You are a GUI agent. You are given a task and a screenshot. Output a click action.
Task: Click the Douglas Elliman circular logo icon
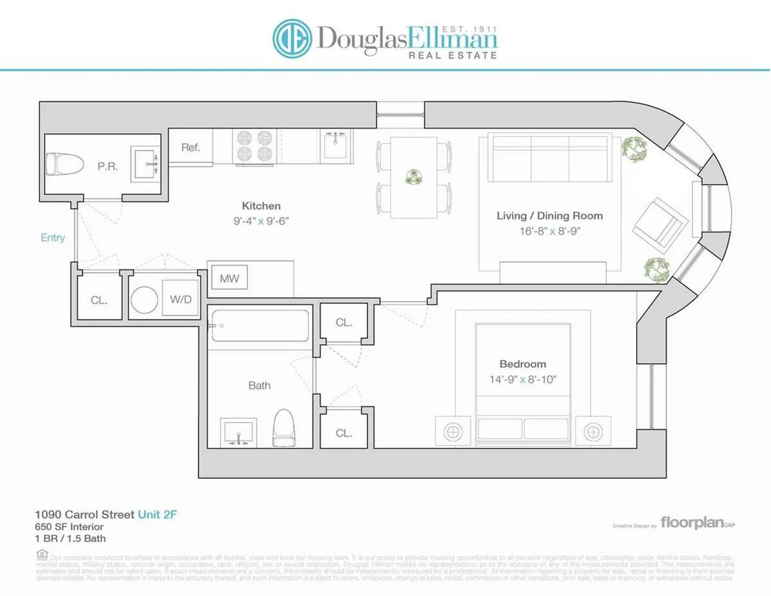pyautogui.click(x=293, y=38)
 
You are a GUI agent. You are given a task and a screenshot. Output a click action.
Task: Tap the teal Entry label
pyautogui.click(x=53, y=238)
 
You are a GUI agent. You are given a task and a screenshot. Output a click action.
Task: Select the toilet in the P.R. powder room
pyautogui.click(x=65, y=165)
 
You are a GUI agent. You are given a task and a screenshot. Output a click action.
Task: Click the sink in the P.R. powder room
pyautogui.click(x=145, y=164)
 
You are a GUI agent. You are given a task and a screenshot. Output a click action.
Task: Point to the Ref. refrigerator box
pyautogui.click(x=191, y=147)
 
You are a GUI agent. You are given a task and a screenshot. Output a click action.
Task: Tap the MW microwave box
pyautogui.click(x=229, y=279)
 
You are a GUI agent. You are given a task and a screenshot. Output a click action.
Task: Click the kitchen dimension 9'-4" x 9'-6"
pyautogui.click(x=261, y=221)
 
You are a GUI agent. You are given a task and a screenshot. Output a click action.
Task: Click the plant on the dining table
pyautogui.click(x=414, y=177)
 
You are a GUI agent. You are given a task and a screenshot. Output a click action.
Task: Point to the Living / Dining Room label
pyautogui.click(x=549, y=215)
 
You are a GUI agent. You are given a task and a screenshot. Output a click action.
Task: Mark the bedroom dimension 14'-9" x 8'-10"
pyautogui.click(x=522, y=379)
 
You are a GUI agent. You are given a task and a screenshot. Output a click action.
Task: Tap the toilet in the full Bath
pyautogui.click(x=283, y=427)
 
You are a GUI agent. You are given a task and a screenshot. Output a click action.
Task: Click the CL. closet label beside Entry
pyautogui.click(x=99, y=300)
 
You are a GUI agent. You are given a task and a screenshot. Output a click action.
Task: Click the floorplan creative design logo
pyautogui.click(x=697, y=524)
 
